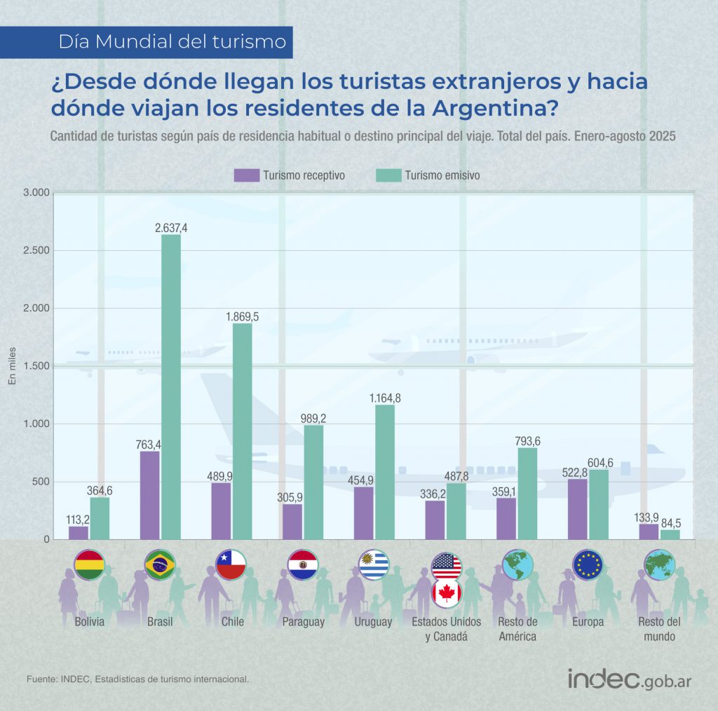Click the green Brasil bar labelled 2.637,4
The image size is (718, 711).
tap(171, 386)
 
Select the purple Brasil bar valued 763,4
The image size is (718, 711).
tap(149, 495)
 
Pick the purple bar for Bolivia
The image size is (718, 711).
tap(79, 532)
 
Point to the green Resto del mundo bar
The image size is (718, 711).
tap(670, 534)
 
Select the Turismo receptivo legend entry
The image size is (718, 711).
tap(290, 175)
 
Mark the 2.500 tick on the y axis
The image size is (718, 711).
tap(36, 250)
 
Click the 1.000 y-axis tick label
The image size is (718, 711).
tap(36, 424)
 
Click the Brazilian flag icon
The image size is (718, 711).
tap(159, 564)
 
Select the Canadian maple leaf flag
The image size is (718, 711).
tap(446, 593)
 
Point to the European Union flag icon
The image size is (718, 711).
tap(588, 564)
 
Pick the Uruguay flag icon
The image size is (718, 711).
tap(373, 564)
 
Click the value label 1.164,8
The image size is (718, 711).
tap(385, 398)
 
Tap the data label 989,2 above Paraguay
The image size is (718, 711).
tap(313, 419)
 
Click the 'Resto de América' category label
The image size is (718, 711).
tap(517, 630)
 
